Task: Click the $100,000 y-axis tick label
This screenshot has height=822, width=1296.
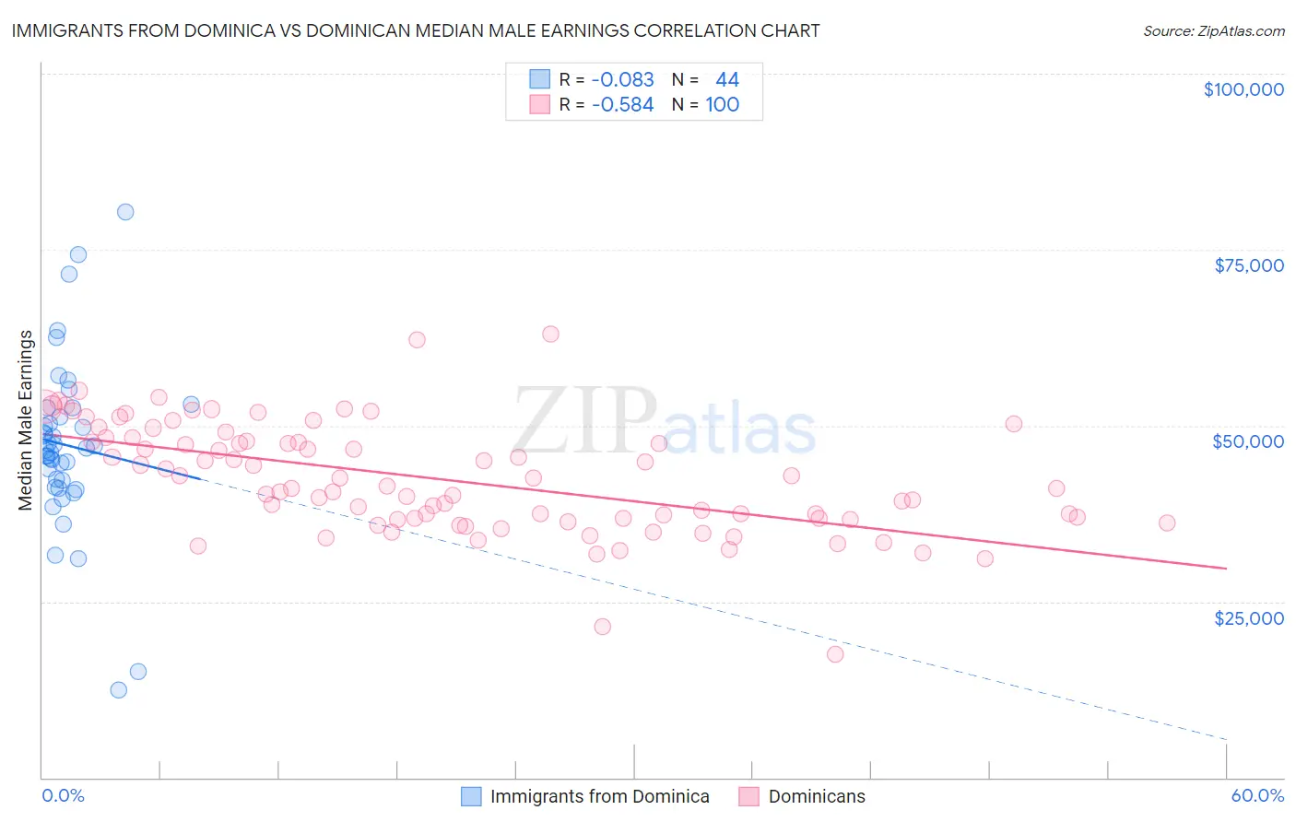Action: click(1243, 89)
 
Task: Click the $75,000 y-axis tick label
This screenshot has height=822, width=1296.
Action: click(1249, 265)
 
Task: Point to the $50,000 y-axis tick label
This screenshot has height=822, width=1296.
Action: click(1248, 441)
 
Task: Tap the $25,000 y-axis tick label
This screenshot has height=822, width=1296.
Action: click(1249, 618)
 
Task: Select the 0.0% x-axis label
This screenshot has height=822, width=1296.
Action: click(63, 795)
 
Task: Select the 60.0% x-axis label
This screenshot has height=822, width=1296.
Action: click(1256, 795)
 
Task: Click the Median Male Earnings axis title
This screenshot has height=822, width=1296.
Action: click(26, 420)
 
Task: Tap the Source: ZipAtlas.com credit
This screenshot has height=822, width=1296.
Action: click(1213, 30)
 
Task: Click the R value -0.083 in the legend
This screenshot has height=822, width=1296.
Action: click(622, 80)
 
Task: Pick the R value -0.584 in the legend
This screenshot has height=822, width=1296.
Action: click(622, 105)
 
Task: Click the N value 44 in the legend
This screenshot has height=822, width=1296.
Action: click(727, 80)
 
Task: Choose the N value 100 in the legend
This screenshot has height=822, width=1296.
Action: click(723, 105)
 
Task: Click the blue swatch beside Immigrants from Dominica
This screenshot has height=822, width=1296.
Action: click(471, 796)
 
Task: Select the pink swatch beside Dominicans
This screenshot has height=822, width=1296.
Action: click(748, 796)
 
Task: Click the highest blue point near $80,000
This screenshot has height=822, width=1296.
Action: click(125, 212)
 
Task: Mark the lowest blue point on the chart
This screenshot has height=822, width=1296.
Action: click(119, 690)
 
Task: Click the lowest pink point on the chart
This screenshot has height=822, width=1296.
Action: click(835, 654)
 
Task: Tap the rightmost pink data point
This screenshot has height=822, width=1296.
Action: click(1167, 523)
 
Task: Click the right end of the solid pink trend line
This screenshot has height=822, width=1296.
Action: click(1226, 569)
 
